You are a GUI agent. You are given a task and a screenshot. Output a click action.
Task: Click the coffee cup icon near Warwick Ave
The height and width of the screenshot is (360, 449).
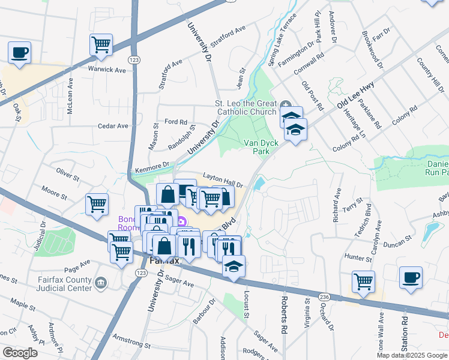tap(20, 52)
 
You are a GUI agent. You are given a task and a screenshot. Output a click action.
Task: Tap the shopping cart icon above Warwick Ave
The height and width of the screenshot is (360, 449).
tap(101, 44)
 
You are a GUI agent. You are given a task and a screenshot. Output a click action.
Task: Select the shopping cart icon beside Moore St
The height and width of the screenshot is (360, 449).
tap(97, 204)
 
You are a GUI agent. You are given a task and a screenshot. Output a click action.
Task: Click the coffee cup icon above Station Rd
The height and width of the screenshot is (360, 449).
tap(411, 278)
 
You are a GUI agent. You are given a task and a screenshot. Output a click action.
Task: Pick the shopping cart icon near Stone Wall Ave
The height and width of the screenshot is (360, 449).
tap(364, 281)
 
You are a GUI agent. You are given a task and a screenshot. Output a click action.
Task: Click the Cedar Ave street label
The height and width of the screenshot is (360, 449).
tap(114, 126)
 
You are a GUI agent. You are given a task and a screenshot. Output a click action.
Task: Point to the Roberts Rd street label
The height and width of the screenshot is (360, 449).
tap(283, 315)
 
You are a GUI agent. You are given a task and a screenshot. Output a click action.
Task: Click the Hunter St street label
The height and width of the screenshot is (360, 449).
tap(342, 256)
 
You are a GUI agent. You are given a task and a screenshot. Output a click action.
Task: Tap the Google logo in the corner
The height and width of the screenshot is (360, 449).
tap(20, 353)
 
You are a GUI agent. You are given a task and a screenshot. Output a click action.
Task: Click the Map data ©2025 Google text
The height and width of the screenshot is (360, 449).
tap(411, 355)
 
